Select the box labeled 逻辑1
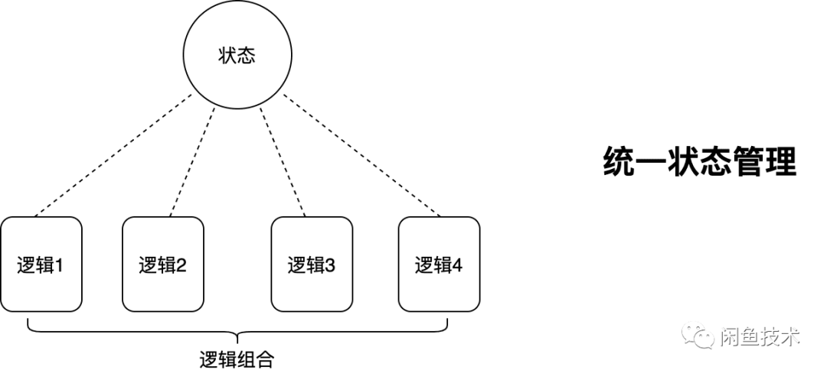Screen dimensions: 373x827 point(41,264)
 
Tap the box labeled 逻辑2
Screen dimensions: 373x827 point(163,264)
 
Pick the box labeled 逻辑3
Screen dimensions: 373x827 point(312,264)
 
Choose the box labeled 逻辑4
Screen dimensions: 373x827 point(440,264)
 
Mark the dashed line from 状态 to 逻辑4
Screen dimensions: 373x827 point(360,156)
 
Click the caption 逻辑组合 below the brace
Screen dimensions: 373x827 point(236,358)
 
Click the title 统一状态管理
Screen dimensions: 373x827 point(699,162)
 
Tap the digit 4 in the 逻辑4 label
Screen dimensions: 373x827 point(457,266)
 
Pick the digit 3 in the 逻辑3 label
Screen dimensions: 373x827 point(330,266)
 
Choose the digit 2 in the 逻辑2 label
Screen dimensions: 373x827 point(181,266)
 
